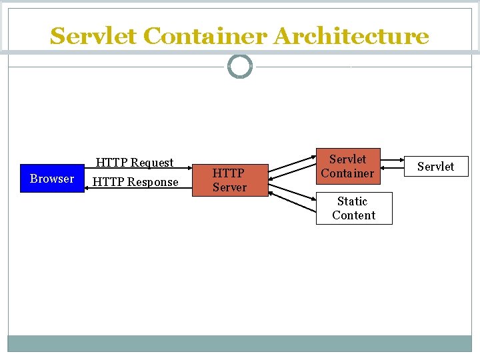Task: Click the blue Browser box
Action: coord(52,178)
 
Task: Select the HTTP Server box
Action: coord(229,180)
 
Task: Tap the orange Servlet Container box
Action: coord(347,166)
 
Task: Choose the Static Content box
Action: coord(353,208)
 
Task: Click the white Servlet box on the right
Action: coord(435,166)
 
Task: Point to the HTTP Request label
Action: coord(134,163)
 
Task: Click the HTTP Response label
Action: coord(135,182)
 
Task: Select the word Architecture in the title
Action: coord(351,36)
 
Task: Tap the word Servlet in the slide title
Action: coord(93,36)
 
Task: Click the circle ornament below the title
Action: coord(240,67)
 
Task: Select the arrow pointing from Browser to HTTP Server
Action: coord(140,171)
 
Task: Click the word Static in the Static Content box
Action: coord(352,201)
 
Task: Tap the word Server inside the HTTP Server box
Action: coord(229,187)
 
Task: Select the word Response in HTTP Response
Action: coord(154,182)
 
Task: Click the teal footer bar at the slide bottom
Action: coord(240,343)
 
